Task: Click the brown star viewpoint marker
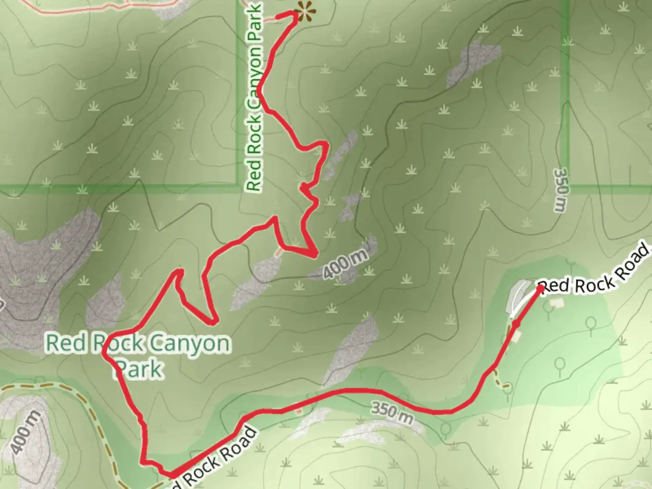pyautogui.click(x=304, y=11)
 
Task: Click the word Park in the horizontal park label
pyautogui.click(x=139, y=369)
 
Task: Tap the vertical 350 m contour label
pyautogui.click(x=560, y=190)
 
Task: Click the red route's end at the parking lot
pyautogui.click(x=540, y=288)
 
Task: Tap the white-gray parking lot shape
pyautogui.click(x=518, y=297)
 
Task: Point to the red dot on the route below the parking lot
pyautogui.click(x=516, y=324)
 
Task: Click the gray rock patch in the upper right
pyautogui.click(x=473, y=61)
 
